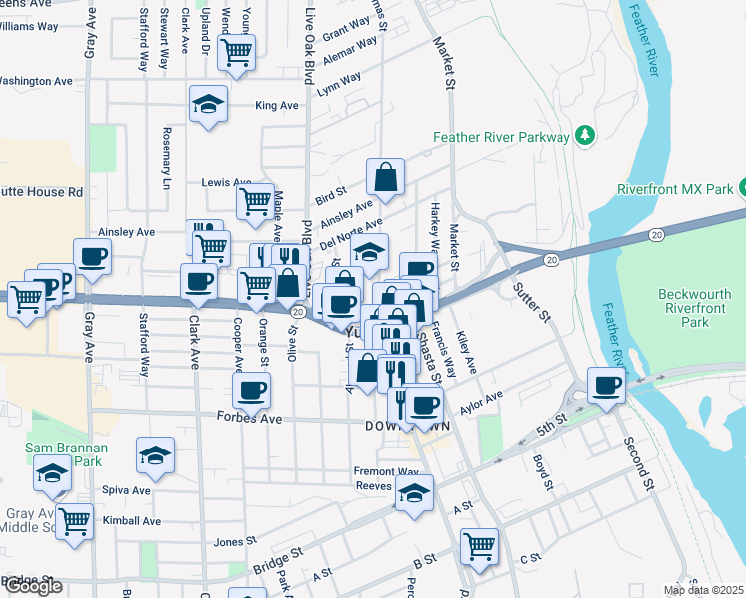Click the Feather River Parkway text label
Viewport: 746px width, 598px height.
coord(501,137)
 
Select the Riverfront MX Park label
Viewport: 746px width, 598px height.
coord(675,188)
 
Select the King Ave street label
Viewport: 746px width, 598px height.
coord(277,105)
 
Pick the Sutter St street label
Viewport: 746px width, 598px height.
coord(532,300)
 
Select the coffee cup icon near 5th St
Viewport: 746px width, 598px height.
coord(606,385)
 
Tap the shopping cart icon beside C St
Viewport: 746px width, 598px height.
coord(479,545)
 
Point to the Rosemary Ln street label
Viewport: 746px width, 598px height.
coord(167,159)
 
